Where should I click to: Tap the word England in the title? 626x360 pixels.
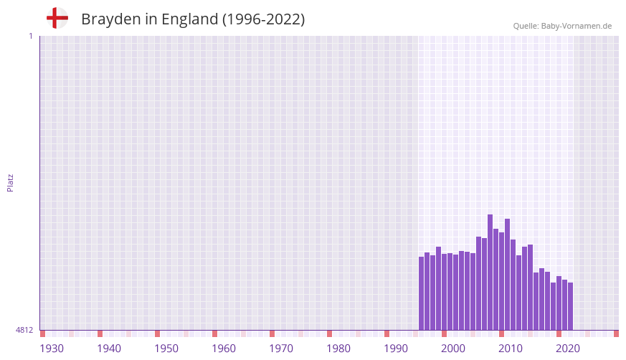point(189,19)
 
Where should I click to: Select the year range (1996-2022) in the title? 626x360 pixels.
point(264,19)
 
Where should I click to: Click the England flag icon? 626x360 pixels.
point(57,18)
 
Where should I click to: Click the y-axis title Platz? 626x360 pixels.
point(10,182)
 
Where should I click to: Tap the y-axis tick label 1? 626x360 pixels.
point(30,36)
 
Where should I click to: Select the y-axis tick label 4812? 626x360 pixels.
point(24,330)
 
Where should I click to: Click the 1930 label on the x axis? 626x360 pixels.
point(52,349)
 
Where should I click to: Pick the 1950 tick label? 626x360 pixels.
point(166,349)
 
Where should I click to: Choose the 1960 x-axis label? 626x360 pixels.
point(224,349)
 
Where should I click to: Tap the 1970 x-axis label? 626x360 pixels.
point(281,349)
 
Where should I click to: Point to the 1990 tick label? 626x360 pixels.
point(396,349)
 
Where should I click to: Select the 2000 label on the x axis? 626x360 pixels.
point(453,349)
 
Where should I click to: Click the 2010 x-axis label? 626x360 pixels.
point(511,349)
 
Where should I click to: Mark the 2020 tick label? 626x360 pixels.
point(568,349)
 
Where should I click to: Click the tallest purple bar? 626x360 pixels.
point(490,273)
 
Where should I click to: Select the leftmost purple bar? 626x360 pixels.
point(422,293)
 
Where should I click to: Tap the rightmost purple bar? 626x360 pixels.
point(570,306)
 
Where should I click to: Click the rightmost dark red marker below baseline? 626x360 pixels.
point(616,333)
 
